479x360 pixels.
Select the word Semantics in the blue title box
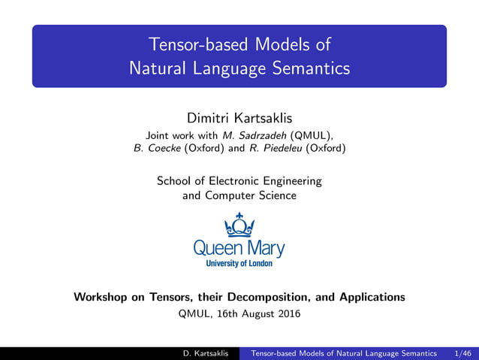pyautogui.click(x=309, y=68)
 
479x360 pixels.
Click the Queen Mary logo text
pyautogui.click(x=239, y=247)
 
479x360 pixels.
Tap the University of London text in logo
pyautogui.click(x=239, y=263)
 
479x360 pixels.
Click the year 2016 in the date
pyautogui.click(x=288, y=314)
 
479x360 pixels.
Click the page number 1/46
pyautogui.click(x=464, y=353)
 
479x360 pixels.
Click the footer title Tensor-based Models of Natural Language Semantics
pyautogui.click(x=343, y=353)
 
